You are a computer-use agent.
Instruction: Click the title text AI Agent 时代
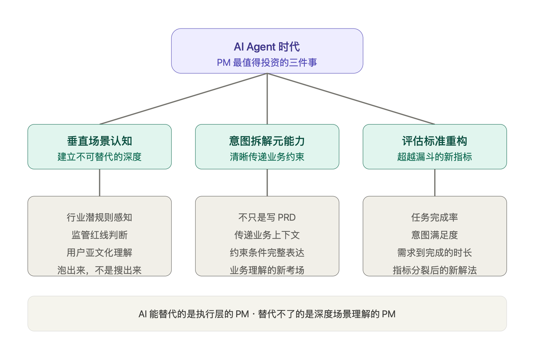pyautogui.click(x=267, y=47)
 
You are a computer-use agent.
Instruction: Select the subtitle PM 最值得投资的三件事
pyautogui.click(x=267, y=62)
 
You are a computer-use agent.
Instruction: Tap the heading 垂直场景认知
pyautogui.click(x=99, y=141)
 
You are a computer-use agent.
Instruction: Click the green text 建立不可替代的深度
pyautogui.click(x=99, y=157)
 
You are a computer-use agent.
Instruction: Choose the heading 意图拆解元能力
pyautogui.click(x=267, y=141)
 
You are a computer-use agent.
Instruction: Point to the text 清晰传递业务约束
pyautogui.click(x=267, y=157)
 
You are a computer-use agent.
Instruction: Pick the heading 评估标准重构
pyautogui.click(x=434, y=141)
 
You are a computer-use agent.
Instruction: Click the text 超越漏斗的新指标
pyautogui.click(x=434, y=157)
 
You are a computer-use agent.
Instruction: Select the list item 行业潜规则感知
pyautogui.click(x=99, y=218)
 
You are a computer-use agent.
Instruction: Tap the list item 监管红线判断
pyautogui.click(x=99, y=235)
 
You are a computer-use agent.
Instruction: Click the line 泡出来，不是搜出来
pyautogui.click(x=99, y=270)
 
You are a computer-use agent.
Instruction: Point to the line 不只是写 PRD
pyautogui.click(x=267, y=218)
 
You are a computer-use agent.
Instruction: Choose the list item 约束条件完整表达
pyautogui.click(x=267, y=253)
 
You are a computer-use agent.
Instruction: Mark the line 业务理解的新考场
pyautogui.click(x=267, y=270)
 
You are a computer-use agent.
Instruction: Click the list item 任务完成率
pyautogui.click(x=434, y=218)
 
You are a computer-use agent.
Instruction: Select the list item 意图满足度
pyautogui.click(x=434, y=235)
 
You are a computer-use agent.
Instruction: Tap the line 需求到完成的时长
pyautogui.click(x=434, y=253)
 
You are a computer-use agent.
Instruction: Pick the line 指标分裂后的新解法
pyautogui.click(x=434, y=270)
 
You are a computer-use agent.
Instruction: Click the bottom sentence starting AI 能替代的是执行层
pyautogui.click(x=267, y=314)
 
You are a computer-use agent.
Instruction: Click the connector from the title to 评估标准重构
pyautogui.click(x=351, y=99)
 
